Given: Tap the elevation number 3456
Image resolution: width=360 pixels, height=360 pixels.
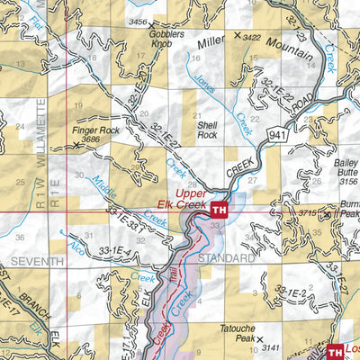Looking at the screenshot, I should (x=137, y=21).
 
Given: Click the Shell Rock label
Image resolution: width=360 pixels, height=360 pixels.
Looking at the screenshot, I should (x=208, y=130).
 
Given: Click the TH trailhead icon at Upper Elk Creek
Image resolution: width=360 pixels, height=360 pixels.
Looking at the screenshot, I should (x=219, y=210).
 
